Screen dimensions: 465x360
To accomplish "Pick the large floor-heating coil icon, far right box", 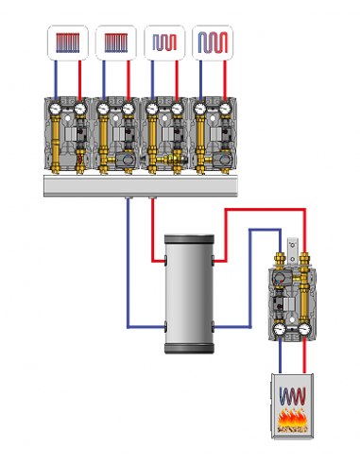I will (x=211, y=43).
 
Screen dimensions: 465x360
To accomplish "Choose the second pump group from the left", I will (x=115, y=135).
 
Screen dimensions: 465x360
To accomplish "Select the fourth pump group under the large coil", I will (x=211, y=135).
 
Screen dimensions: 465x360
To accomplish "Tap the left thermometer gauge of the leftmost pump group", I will (x=57, y=110).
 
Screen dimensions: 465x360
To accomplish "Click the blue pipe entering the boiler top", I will (x=281, y=359).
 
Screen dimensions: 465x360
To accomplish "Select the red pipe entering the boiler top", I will (x=303, y=359).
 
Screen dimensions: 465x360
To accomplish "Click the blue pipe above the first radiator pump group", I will (x=56, y=77).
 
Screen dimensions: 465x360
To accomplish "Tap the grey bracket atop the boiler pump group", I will (x=293, y=244).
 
